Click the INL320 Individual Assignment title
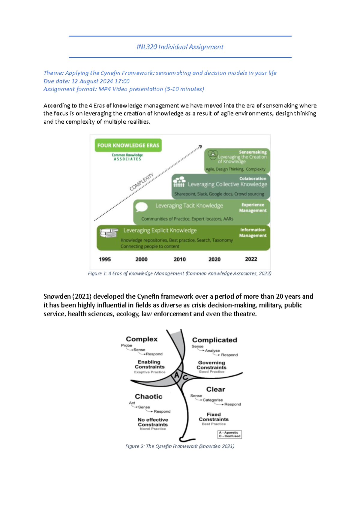tap(180, 47)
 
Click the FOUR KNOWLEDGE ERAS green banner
tap(128, 145)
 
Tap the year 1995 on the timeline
tap(105, 259)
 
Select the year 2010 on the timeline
tap(180, 259)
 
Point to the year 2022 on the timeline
tap(251, 259)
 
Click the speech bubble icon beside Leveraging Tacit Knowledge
tap(141, 207)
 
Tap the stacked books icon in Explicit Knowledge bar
tap(109, 233)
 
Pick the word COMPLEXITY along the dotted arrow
tap(141, 182)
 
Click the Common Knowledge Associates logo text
tap(127, 157)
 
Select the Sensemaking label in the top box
tap(253, 152)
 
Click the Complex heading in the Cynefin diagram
tap(142, 339)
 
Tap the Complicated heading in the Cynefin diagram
tap(214, 340)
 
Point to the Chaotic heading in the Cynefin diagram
tap(148, 396)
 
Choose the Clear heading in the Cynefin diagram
tap(215, 389)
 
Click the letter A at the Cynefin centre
tap(177, 375)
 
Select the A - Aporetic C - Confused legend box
tap(229, 434)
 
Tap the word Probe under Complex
tap(126, 345)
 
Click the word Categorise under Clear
tap(213, 400)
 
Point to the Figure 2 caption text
tap(180, 446)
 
